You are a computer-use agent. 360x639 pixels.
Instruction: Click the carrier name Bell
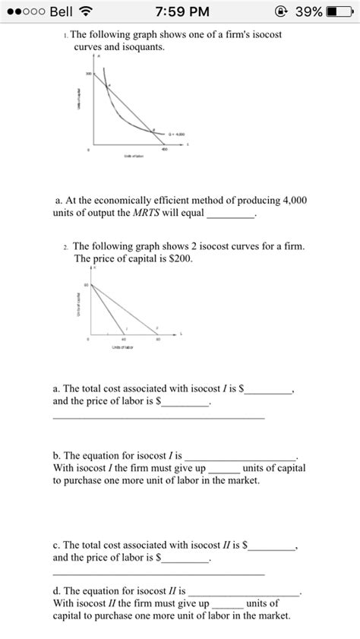(x=59, y=12)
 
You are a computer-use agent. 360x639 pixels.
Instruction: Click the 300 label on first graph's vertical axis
(x=88, y=74)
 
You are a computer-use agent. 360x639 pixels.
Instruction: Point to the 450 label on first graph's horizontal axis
(x=162, y=150)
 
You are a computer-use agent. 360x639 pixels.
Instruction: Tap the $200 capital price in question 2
(x=179, y=258)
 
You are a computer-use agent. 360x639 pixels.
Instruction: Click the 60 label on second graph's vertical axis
(x=87, y=285)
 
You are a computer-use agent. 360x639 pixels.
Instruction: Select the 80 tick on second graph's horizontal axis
(x=158, y=340)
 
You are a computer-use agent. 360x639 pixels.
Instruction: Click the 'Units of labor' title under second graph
(x=122, y=347)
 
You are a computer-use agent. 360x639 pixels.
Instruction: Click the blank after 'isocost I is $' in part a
(x=267, y=390)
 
